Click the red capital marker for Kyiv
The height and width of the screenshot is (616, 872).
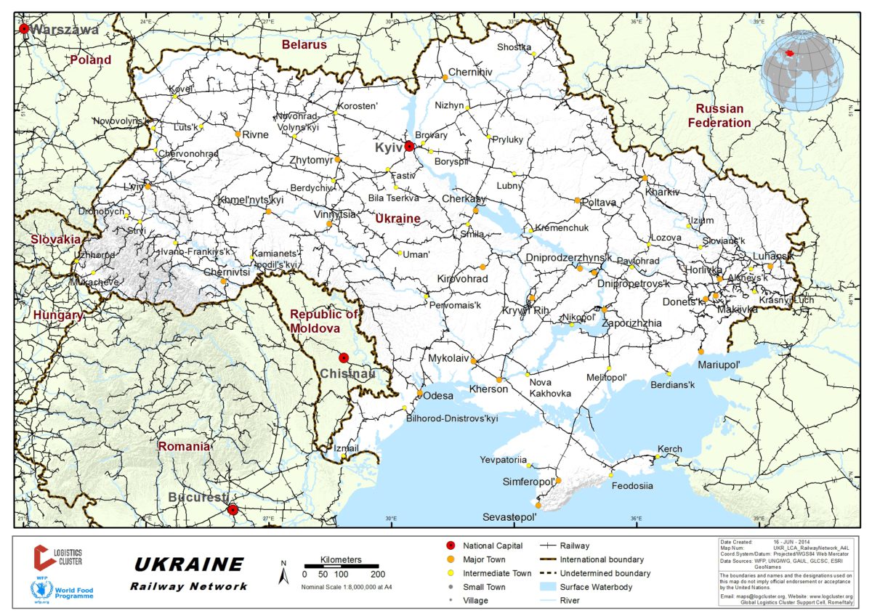[x=409, y=146]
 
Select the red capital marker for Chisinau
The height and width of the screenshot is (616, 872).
[x=344, y=357]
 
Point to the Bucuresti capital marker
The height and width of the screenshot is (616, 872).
[x=232, y=509]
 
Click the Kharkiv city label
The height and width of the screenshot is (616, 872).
[x=662, y=192]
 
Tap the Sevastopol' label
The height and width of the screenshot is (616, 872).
[x=509, y=517]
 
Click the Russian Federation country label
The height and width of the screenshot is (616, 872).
[x=719, y=115]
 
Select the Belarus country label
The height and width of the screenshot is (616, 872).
[x=304, y=44]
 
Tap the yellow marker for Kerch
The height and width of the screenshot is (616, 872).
[x=659, y=455]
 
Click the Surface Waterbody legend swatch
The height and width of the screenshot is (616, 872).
[x=551, y=587]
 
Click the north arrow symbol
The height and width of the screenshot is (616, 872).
[x=285, y=575]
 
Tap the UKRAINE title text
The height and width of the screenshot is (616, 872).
[x=189, y=564]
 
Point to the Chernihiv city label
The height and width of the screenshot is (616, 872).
[x=470, y=72]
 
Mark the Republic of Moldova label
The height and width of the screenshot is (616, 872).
[x=324, y=321]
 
